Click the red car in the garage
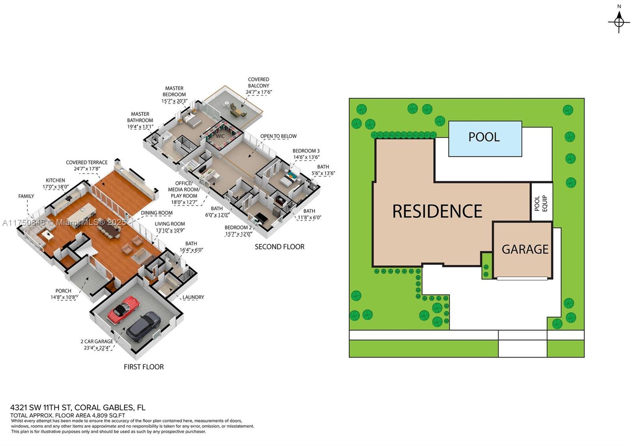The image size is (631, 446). pos(123,309)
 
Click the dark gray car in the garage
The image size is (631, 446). pos(144,326)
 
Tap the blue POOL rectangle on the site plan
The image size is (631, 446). pos(485,139)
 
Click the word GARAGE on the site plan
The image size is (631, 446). pos(525,249)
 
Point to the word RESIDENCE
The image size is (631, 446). pos(437,212)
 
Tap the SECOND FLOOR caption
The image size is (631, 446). pos(279,247)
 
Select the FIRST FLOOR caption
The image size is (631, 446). pos(144,367)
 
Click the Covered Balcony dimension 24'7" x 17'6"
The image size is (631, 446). pos(259,92)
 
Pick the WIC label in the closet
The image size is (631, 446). pos(220,136)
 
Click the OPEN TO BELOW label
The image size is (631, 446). pos(278,136)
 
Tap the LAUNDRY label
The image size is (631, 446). pos(193,297)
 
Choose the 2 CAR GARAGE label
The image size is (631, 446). pos(97,341)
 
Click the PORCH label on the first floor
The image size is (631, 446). pos(63,291)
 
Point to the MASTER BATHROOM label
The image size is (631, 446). pos(140,117)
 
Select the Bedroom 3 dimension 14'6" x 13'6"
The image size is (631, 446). pos(306,157)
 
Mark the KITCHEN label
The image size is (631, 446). pos(55,180)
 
